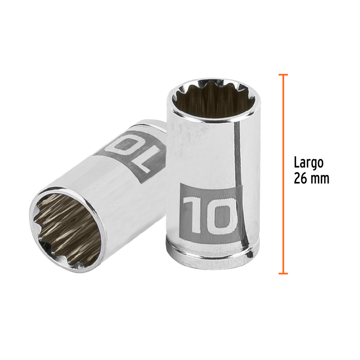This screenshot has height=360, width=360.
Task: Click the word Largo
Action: click(309, 163)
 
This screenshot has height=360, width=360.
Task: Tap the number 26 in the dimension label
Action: click(300, 179)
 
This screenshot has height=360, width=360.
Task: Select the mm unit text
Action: click(320, 179)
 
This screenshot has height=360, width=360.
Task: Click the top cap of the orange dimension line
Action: click(283, 75)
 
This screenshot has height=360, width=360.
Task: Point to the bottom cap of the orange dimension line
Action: click(283, 273)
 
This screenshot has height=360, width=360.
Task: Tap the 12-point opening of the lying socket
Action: click(66, 229)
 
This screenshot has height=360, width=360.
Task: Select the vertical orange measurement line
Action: click(283, 175)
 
